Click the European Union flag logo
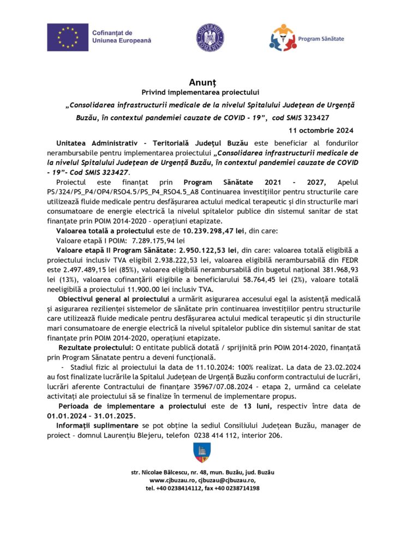point(67,37)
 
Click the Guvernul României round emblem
point(210,37)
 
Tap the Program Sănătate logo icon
point(283,37)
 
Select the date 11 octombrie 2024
point(321,130)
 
